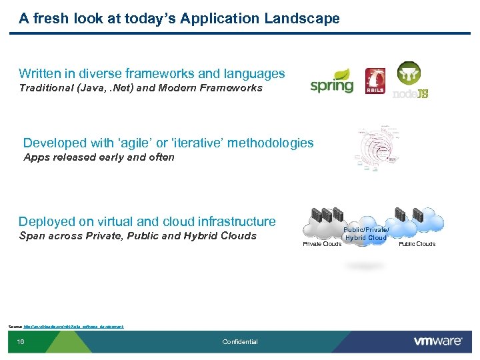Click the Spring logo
click(x=331, y=82)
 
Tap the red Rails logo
click(x=375, y=81)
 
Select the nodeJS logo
click(x=409, y=81)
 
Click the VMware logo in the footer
click(x=437, y=341)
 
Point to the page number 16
click(x=21, y=342)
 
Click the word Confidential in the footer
click(x=240, y=342)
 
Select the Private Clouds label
click(x=322, y=244)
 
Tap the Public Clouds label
click(x=417, y=244)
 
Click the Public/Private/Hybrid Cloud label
click(x=366, y=233)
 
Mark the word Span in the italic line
click(x=33, y=236)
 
